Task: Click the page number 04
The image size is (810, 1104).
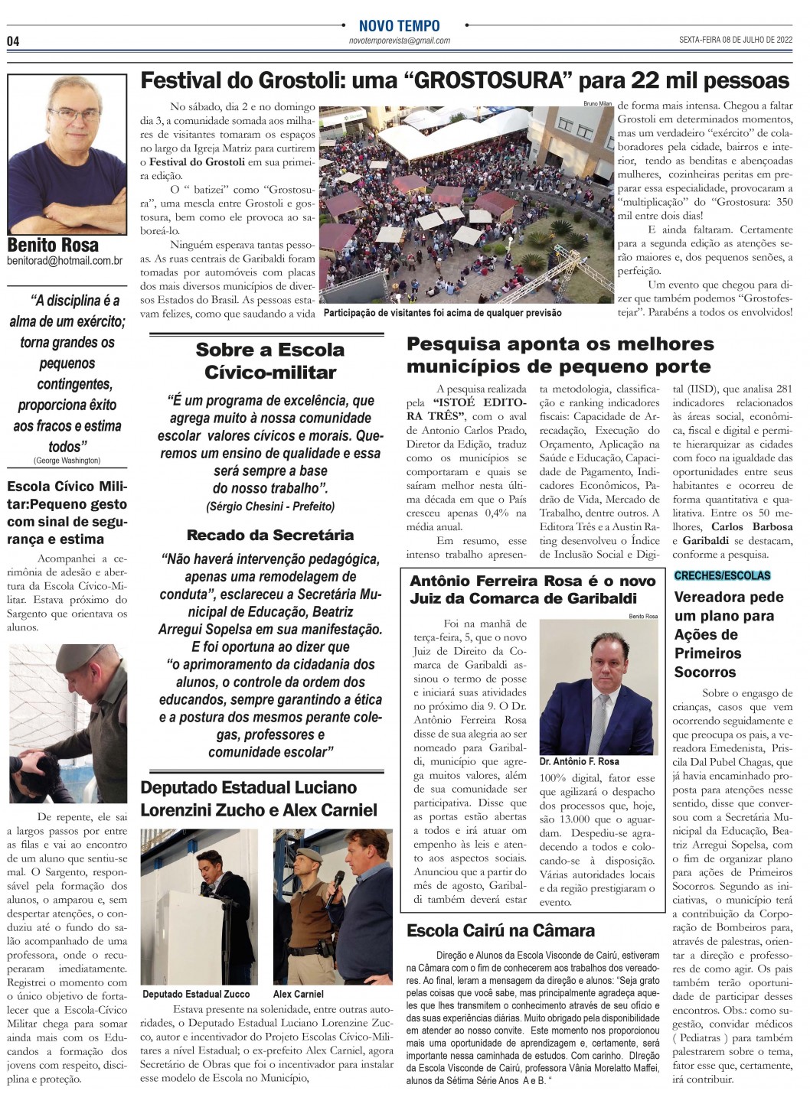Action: click(x=13, y=41)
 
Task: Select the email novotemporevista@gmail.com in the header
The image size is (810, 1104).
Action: click(x=399, y=41)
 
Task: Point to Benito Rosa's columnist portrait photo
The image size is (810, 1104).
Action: click(x=67, y=154)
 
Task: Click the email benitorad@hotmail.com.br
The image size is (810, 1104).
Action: click(x=64, y=261)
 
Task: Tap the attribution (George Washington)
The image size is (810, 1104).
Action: click(x=67, y=461)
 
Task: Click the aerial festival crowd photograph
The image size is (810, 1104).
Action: click(x=468, y=205)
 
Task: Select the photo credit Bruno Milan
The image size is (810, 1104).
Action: click(x=597, y=103)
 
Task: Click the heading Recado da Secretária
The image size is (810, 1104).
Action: click(x=269, y=535)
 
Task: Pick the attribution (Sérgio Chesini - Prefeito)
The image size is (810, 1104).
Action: click(x=269, y=506)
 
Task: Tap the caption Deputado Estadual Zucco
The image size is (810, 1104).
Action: click(x=196, y=994)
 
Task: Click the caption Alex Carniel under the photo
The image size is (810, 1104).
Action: click(x=299, y=994)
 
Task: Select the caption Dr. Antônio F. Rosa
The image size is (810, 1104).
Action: click(x=580, y=762)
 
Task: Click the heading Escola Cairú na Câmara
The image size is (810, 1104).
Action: click(x=501, y=931)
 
